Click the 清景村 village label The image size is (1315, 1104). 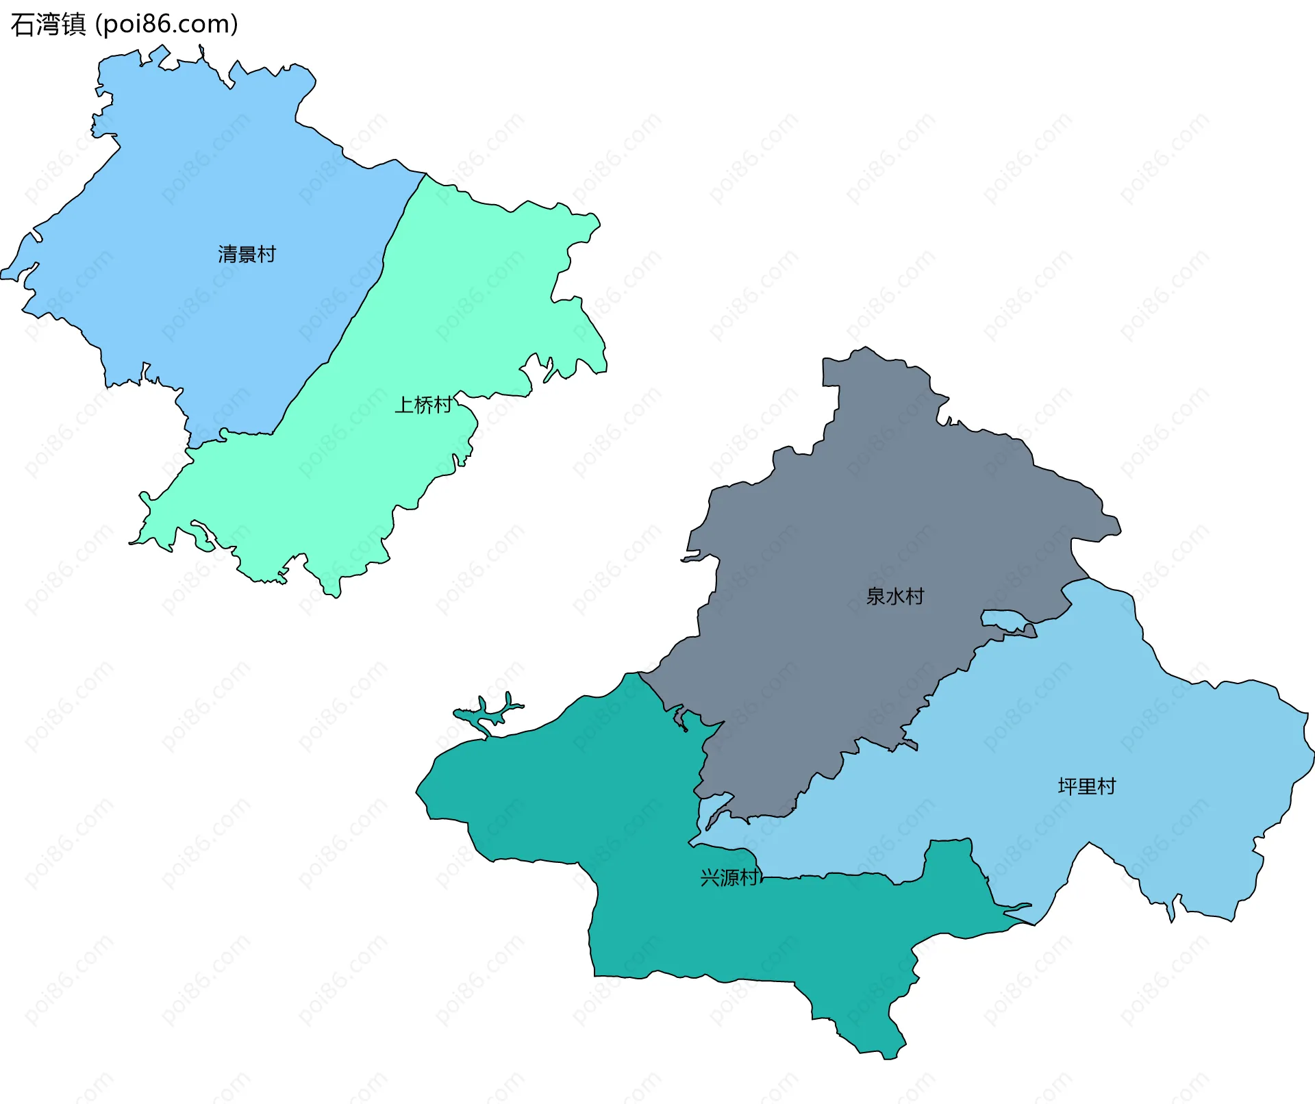click(x=247, y=254)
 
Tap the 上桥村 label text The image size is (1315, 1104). click(x=423, y=405)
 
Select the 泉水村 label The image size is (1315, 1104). click(x=894, y=596)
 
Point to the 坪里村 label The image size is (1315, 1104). click(x=1087, y=786)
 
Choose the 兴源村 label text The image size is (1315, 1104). click(x=729, y=877)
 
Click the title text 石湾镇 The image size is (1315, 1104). click(x=48, y=25)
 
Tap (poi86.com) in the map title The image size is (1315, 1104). click(x=166, y=25)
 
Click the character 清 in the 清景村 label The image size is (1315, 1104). click(x=227, y=254)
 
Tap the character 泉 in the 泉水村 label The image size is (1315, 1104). click(x=875, y=596)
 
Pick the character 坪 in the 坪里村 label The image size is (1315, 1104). click(x=1068, y=786)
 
